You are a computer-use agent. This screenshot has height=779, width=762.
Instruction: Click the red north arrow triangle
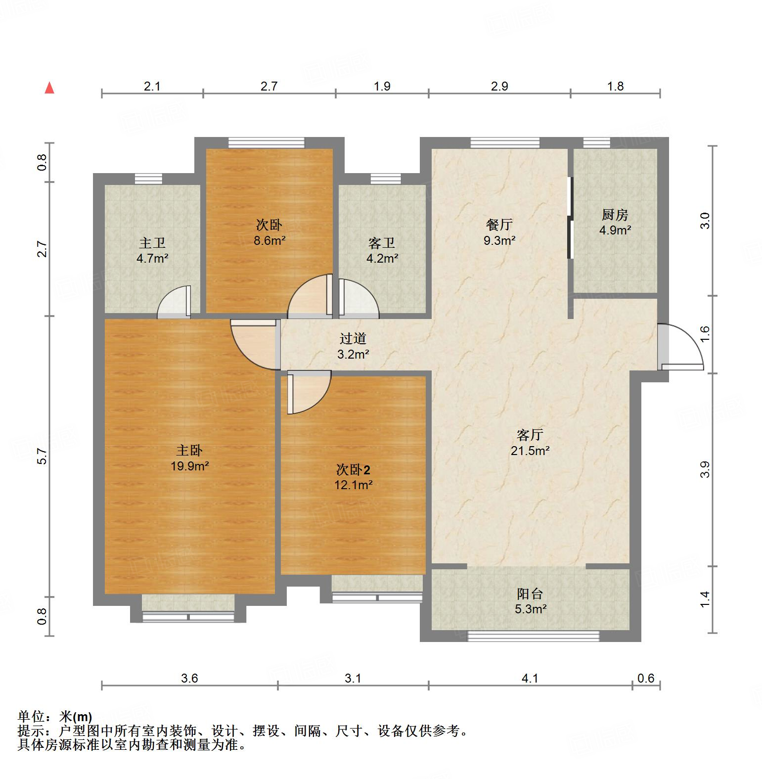pos(49,89)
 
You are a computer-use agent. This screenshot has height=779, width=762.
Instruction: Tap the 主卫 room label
pos(152,243)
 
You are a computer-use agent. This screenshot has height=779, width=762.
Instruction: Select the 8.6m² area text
pos(269,240)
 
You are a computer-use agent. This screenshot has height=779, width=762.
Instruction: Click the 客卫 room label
pos(382,243)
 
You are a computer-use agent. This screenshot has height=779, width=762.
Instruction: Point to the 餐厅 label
pos(499,225)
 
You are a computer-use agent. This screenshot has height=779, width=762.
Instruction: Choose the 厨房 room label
pos(615,215)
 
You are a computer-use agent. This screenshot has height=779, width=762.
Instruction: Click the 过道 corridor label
pos(353,339)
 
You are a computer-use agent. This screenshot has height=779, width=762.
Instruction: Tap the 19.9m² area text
pos(190,466)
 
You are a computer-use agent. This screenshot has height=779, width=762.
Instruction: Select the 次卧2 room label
pos(354,469)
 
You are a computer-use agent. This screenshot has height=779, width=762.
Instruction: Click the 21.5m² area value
pos(530,451)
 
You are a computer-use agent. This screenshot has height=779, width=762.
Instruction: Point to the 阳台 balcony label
pos(530,594)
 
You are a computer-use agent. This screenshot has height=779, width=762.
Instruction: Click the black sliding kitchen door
pos(570,218)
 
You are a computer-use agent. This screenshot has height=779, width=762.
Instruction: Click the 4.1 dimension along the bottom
pos(530,678)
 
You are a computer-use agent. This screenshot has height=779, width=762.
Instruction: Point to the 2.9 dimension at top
pos(499,86)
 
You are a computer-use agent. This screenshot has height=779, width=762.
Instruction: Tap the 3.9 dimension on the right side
pos(705,469)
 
